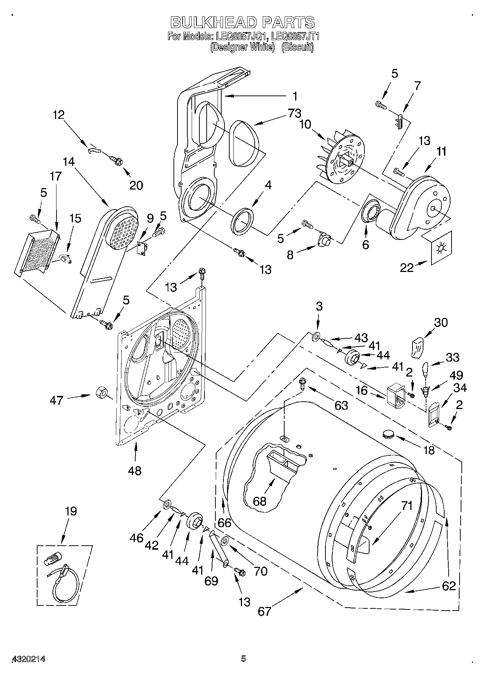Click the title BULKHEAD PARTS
point(243,23)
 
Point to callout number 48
point(135,471)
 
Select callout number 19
point(71,511)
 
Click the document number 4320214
point(29,659)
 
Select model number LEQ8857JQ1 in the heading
point(241,36)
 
